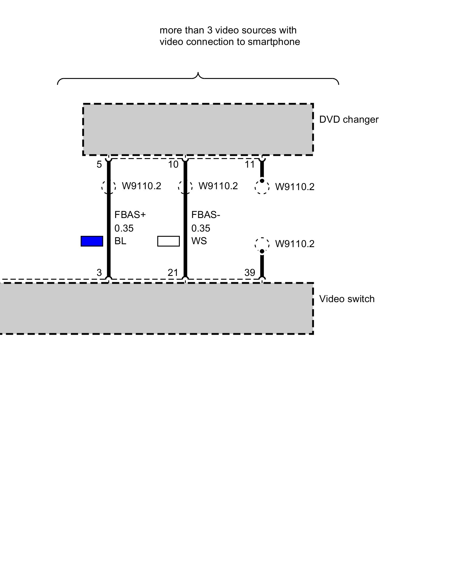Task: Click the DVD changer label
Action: [349, 120]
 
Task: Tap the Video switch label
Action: [347, 299]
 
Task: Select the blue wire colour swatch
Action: [92, 241]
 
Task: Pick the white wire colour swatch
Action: [169, 241]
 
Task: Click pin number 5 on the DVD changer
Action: [99, 164]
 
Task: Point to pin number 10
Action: [173, 164]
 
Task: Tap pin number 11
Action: [250, 164]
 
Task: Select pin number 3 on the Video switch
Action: [99, 272]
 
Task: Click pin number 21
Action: [173, 272]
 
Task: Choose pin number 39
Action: [250, 272]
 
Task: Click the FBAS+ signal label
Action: [130, 215]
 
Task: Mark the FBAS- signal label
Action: [206, 215]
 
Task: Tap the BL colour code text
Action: [120, 241]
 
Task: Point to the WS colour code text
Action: [199, 241]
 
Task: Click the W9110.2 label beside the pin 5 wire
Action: [141, 186]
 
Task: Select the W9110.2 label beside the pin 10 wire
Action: [218, 186]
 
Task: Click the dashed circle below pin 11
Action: [262, 187]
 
